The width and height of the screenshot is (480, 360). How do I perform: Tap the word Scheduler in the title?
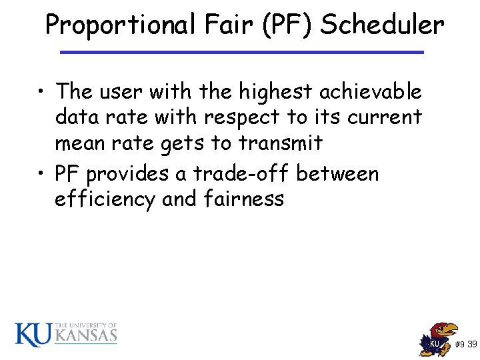click(382, 25)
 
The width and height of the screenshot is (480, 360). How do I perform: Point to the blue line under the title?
click(241, 52)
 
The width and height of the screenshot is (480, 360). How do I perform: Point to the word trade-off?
click(241, 174)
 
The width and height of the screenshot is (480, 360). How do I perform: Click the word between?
click(337, 174)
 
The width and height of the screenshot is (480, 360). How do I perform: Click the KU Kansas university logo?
click(66, 333)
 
